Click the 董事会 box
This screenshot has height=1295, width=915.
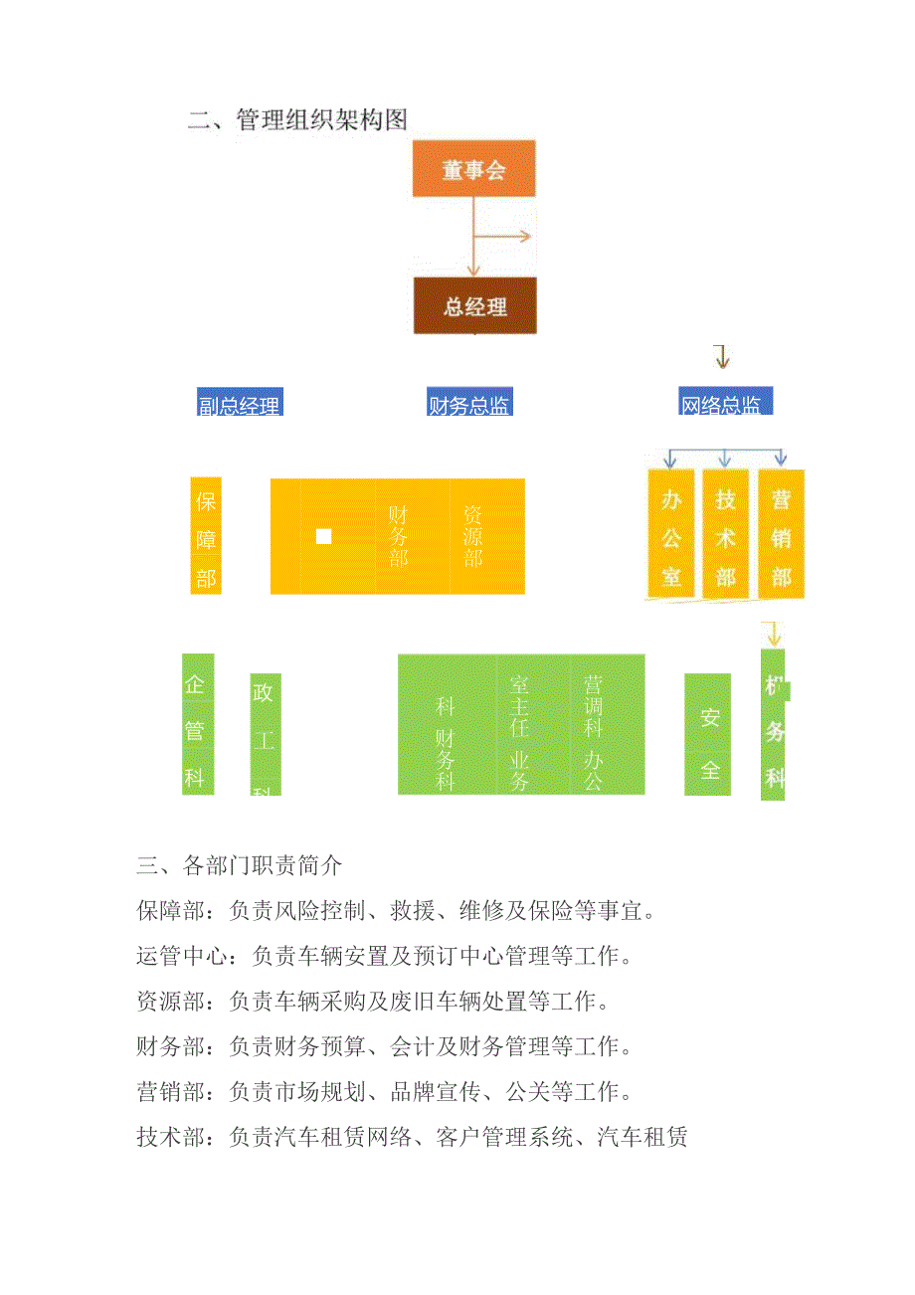pyautogui.click(x=474, y=169)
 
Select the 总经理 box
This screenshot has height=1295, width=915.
pyautogui.click(x=475, y=305)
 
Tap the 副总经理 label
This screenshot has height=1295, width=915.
pyautogui.click(x=240, y=403)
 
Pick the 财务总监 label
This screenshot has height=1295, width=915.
pyautogui.click(x=469, y=403)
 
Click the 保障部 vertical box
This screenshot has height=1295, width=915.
pyautogui.click(x=206, y=537)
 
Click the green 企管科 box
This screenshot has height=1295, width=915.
pyautogui.click(x=197, y=724)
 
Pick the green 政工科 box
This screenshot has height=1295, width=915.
pyautogui.click(x=265, y=735)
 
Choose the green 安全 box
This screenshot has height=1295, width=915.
pyautogui.click(x=708, y=735)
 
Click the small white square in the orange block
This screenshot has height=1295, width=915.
pyautogui.click(x=323, y=537)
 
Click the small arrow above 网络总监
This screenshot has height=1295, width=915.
pyautogui.click(x=722, y=357)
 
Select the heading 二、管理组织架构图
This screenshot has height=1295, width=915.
pyautogui.click(x=298, y=120)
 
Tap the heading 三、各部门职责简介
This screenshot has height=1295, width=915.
pyautogui.click(x=239, y=865)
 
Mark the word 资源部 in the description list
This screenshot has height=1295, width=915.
pyautogui.click(x=171, y=1002)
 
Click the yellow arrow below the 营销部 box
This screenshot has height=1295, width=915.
pyautogui.click(x=773, y=635)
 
